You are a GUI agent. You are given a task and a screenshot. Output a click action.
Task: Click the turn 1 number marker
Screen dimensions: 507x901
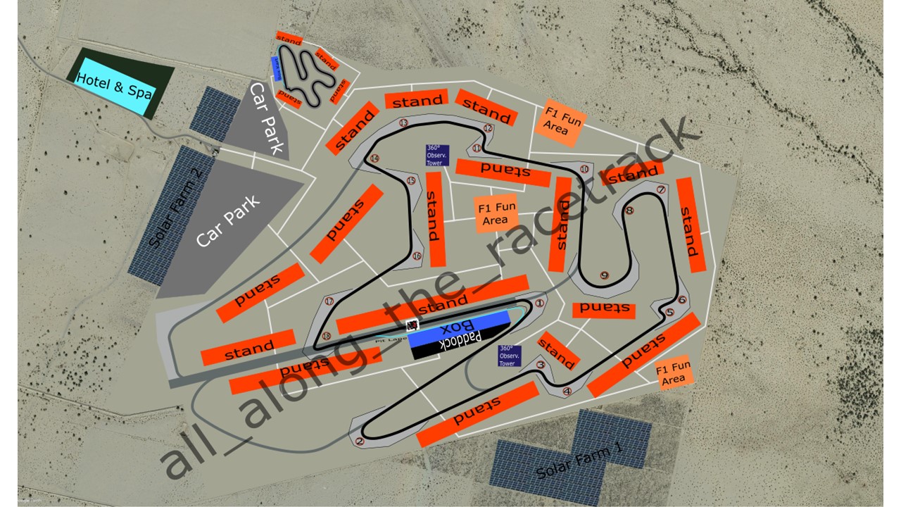540,303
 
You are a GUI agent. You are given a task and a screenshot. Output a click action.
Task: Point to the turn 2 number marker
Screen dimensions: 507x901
360,442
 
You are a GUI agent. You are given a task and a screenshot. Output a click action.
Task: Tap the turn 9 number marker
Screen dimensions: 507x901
604,275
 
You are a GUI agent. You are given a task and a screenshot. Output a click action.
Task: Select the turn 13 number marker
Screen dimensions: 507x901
403,123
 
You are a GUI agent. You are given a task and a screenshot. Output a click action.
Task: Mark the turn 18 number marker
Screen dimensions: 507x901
326,336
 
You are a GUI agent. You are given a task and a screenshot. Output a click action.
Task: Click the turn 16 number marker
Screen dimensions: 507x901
417,256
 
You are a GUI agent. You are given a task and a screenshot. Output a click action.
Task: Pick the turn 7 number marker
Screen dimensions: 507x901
660,190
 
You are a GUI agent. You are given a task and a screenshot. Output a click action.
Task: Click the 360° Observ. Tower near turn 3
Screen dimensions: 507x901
508,356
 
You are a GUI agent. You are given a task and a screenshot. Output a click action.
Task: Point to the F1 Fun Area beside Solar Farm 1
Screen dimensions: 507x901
674,374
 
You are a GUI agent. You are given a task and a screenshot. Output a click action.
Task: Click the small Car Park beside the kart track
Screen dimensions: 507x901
267,120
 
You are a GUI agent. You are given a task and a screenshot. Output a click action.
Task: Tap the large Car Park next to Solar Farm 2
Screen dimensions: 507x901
229,222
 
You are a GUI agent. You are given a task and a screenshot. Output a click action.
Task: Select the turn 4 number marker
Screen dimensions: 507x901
567,392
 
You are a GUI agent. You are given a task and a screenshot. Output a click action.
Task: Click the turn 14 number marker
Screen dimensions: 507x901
374,158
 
